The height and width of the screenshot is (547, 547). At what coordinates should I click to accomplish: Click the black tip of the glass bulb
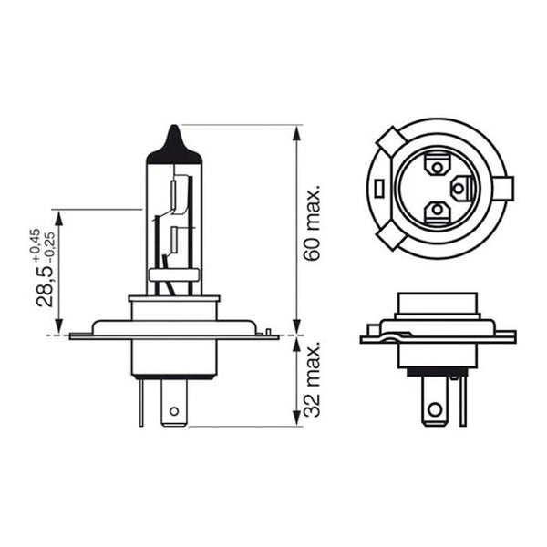(x=173, y=141)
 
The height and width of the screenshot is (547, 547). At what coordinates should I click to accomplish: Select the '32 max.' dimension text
(x=313, y=380)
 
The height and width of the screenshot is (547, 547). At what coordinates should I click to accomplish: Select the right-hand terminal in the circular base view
(x=462, y=189)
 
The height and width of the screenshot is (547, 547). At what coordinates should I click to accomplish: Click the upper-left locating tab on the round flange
(x=388, y=143)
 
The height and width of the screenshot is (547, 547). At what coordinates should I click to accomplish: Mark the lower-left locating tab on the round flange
(x=390, y=234)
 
